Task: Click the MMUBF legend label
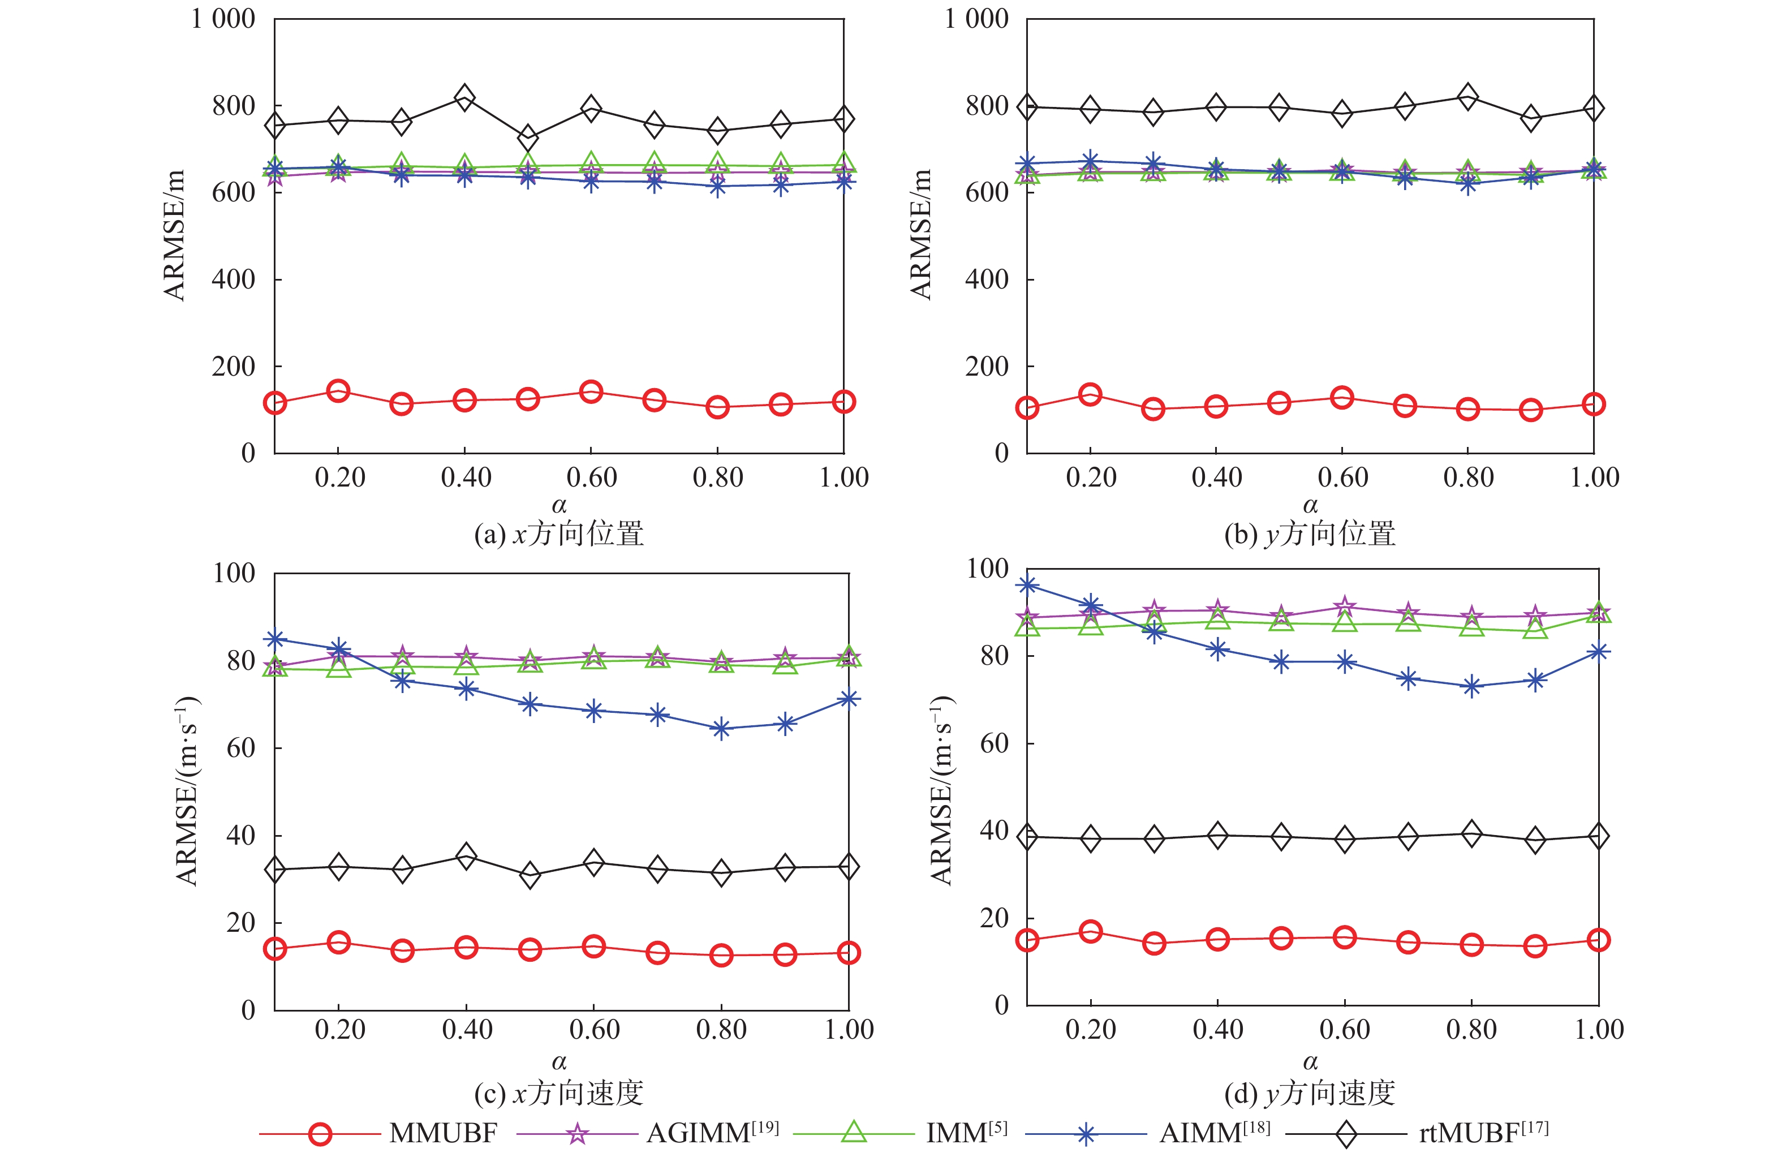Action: coord(443,1133)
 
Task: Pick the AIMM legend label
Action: coord(1214,1132)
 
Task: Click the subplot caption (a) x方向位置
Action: coord(559,535)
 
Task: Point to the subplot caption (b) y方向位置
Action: coord(1310,535)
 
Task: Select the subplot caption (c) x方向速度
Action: coord(559,1094)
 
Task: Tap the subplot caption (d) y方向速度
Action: coord(1310,1094)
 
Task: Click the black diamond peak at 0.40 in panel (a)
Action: coord(465,97)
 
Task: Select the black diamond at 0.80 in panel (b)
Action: coord(1467,97)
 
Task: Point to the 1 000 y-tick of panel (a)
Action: coord(223,19)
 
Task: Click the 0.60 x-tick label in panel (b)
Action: coord(1342,477)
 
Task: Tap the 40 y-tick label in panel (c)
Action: coord(240,836)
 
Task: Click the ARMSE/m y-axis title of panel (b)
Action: coord(920,234)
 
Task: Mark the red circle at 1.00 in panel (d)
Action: coord(1599,940)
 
